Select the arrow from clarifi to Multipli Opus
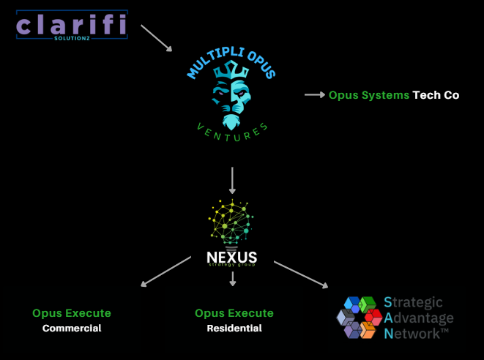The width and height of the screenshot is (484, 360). pos(156,38)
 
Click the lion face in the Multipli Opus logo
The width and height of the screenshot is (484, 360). pos(232,102)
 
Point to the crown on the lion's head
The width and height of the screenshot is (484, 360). pos(232,71)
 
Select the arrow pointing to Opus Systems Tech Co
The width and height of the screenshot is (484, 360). pos(315,94)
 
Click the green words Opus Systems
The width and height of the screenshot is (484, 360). pos(368,95)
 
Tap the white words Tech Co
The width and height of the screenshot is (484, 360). pos(436,95)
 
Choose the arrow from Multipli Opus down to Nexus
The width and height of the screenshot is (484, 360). pos(232,181)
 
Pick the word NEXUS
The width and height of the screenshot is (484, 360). pos(232,257)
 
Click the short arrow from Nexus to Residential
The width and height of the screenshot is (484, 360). pos(232,278)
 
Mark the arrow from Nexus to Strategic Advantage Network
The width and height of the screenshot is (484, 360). pos(300,274)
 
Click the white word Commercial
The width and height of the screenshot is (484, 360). pos(72,329)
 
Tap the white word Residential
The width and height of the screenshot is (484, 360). pos(234,329)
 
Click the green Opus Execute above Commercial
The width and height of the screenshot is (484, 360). pos(72,313)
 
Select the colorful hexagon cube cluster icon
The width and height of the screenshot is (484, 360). pos(360,317)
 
